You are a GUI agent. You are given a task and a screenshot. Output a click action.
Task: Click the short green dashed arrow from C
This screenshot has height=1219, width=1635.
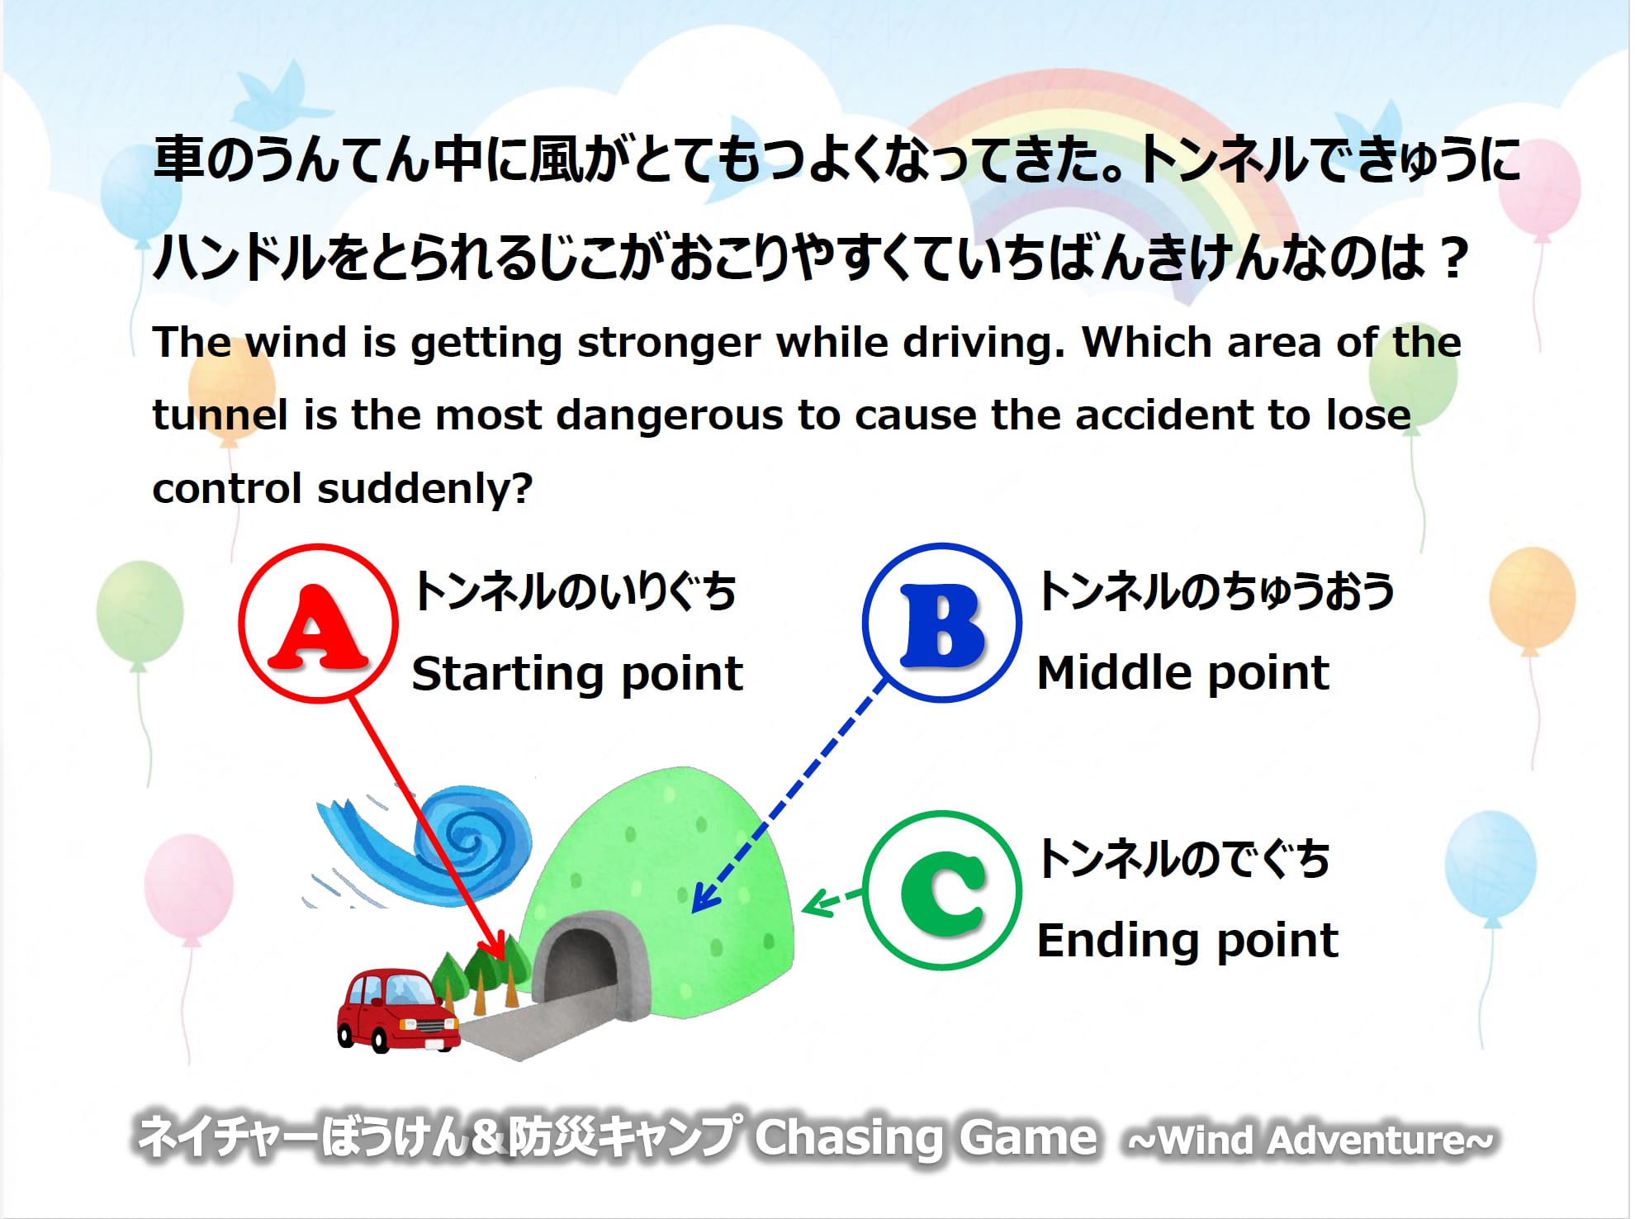[x=832, y=901]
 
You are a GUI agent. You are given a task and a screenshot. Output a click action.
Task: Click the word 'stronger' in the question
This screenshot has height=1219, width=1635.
[x=669, y=344]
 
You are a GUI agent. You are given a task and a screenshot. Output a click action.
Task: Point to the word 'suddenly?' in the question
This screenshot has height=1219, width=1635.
[x=426, y=489]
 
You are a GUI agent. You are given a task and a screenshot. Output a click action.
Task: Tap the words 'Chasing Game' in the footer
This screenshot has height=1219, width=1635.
[x=926, y=1138]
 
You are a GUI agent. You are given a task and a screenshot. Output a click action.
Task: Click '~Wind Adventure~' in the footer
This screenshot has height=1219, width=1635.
[x=1311, y=1141]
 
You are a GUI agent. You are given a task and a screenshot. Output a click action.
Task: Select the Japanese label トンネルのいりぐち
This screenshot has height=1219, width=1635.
[x=575, y=591]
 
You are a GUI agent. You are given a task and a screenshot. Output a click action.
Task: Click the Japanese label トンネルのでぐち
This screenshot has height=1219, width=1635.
[x=1184, y=858]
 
